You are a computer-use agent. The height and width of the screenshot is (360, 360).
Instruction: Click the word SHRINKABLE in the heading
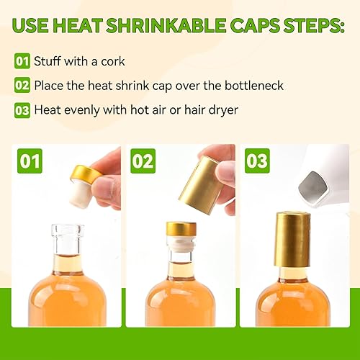(166, 25)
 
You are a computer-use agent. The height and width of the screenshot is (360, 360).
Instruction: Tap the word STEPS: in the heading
(314, 25)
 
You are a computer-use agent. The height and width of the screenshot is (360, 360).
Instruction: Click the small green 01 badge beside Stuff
(22, 61)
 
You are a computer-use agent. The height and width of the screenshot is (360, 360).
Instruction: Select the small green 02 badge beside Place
(22, 85)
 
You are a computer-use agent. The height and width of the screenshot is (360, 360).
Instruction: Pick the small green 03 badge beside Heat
(22, 110)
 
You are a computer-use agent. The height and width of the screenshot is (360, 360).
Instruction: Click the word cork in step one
(113, 61)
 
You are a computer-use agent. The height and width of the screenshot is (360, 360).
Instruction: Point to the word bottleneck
(254, 86)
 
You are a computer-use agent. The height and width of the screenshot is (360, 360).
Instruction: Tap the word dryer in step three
(223, 110)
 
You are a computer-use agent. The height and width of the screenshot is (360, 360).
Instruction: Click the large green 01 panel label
(30, 161)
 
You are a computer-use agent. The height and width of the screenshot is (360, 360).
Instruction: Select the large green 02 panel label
(143, 161)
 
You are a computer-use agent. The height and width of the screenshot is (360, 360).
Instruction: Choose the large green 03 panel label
(257, 161)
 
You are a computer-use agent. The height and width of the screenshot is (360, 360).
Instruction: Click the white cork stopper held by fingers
(79, 194)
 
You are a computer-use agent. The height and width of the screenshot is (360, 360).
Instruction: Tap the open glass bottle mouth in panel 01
(68, 230)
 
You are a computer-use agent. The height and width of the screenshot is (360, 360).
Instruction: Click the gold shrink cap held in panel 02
(199, 185)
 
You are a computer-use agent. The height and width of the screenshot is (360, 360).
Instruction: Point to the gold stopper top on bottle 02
(181, 229)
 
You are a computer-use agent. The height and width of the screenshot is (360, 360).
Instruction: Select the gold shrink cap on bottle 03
(292, 240)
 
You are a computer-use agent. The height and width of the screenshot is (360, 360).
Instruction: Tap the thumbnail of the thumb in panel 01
(111, 188)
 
